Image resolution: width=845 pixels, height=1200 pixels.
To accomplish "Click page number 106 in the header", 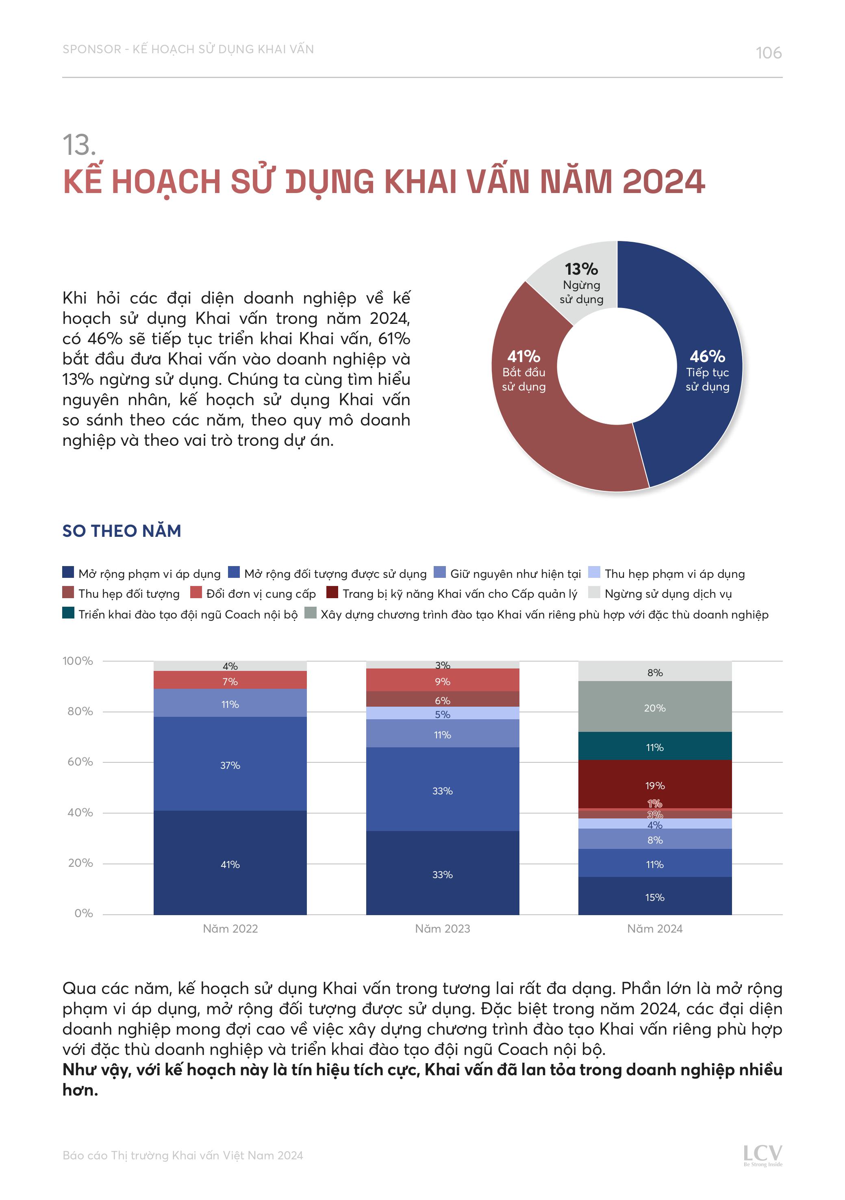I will [x=768, y=53].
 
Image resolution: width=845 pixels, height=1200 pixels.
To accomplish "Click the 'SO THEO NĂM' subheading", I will [x=121, y=531].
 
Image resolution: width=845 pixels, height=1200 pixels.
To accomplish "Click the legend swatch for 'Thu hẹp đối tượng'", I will [x=68, y=592].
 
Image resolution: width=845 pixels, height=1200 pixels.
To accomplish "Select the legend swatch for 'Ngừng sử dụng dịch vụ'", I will [x=594, y=592].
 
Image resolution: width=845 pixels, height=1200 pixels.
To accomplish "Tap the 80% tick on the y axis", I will [x=80, y=711].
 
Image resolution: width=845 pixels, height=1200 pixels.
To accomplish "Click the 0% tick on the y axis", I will [x=83, y=913].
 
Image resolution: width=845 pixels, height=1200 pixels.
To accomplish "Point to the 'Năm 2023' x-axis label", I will [x=442, y=929].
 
